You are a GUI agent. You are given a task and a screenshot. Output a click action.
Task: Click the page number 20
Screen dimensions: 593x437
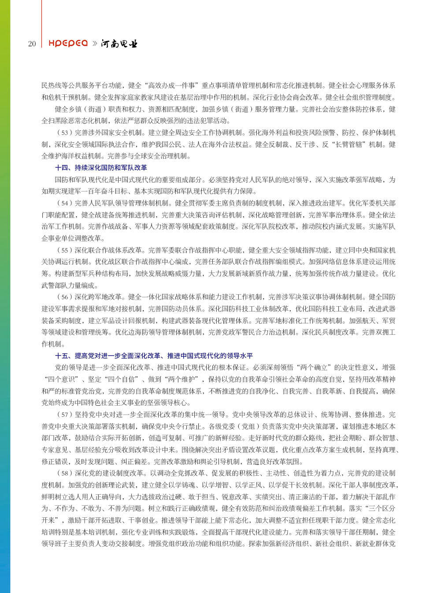click(x=32, y=44)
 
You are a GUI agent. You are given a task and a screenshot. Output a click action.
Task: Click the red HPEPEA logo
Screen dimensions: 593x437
click(x=68, y=43)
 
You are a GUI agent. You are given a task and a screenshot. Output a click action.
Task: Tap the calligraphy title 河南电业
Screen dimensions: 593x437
click(x=119, y=44)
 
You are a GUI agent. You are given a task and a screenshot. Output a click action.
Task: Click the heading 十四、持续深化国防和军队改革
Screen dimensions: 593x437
click(x=101, y=168)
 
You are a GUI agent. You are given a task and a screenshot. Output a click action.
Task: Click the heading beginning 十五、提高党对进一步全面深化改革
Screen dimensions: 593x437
click(x=154, y=356)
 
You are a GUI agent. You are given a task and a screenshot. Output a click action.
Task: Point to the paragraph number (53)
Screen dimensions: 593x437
click(x=64, y=133)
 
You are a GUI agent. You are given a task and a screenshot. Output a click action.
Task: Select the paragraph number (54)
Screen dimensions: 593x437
click(x=64, y=203)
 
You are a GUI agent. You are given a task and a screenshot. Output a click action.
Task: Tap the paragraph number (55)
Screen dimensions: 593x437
click(x=64, y=250)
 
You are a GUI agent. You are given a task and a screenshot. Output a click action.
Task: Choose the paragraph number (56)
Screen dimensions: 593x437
click(x=64, y=297)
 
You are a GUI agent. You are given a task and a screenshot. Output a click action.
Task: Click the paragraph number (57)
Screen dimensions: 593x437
click(x=64, y=415)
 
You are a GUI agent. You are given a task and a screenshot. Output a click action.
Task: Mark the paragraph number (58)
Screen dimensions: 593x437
click(x=64, y=473)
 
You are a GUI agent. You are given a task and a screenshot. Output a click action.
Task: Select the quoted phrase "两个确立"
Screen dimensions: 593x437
click(x=314, y=367)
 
